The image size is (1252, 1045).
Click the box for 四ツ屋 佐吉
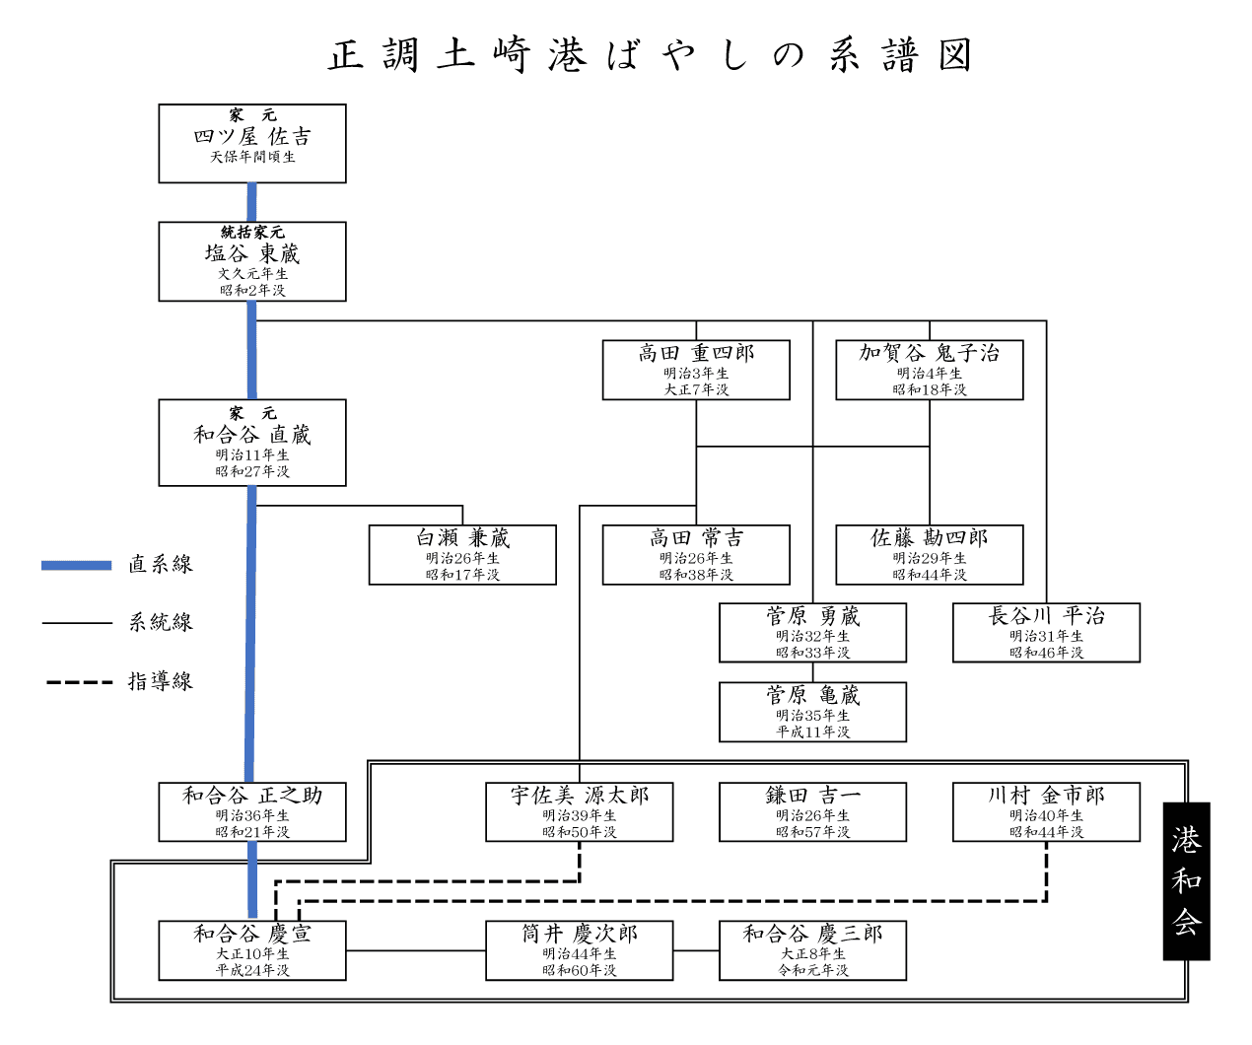click(x=252, y=143)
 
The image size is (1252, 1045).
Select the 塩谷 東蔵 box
click(x=252, y=261)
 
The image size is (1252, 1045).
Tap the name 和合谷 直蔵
click(x=252, y=434)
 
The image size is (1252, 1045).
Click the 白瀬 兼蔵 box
click(x=462, y=554)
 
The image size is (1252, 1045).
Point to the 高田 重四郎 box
click(x=696, y=370)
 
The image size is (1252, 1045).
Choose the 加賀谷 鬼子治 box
click(x=930, y=370)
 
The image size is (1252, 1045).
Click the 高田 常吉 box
click(x=696, y=554)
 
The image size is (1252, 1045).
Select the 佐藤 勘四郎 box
click(x=930, y=554)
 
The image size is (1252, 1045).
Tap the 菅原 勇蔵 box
click(x=812, y=632)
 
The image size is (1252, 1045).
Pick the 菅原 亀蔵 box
click(x=812, y=712)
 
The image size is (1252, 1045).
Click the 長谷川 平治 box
click(x=1046, y=632)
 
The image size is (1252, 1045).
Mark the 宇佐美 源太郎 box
click(x=580, y=811)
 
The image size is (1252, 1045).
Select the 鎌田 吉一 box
click(x=812, y=811)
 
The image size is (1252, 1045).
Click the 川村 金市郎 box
click(x=1046, y=811)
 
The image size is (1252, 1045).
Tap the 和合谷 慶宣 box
click(x=252, y=950)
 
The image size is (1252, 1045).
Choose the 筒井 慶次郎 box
click(x=580, y=950)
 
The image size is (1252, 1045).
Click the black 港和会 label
click(x=1186, y=880)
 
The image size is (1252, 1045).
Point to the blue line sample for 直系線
click(x=77, y=565)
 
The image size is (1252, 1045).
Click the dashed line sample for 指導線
click(x=79, y=681)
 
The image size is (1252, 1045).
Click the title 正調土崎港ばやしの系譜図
click(x=651, y=55)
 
